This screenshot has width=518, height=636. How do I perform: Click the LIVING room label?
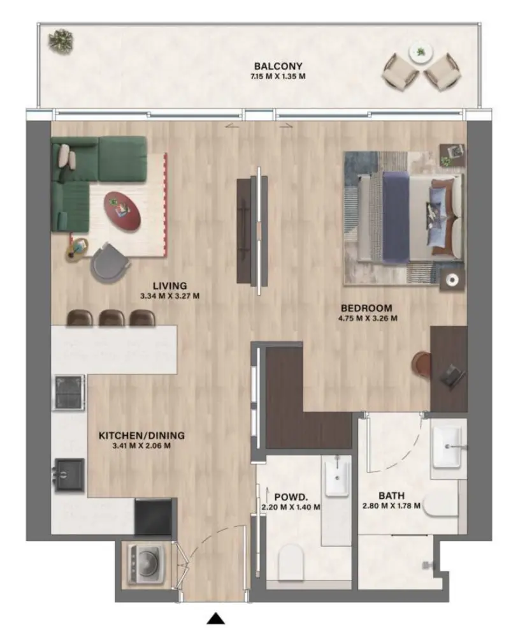169,285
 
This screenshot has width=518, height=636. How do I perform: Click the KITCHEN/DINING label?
141,436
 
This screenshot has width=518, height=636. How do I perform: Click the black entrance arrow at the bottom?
217,617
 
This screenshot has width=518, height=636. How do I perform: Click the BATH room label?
391,495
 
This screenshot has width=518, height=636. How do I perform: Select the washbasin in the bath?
449,447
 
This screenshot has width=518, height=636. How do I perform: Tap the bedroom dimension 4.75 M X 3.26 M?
368,318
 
